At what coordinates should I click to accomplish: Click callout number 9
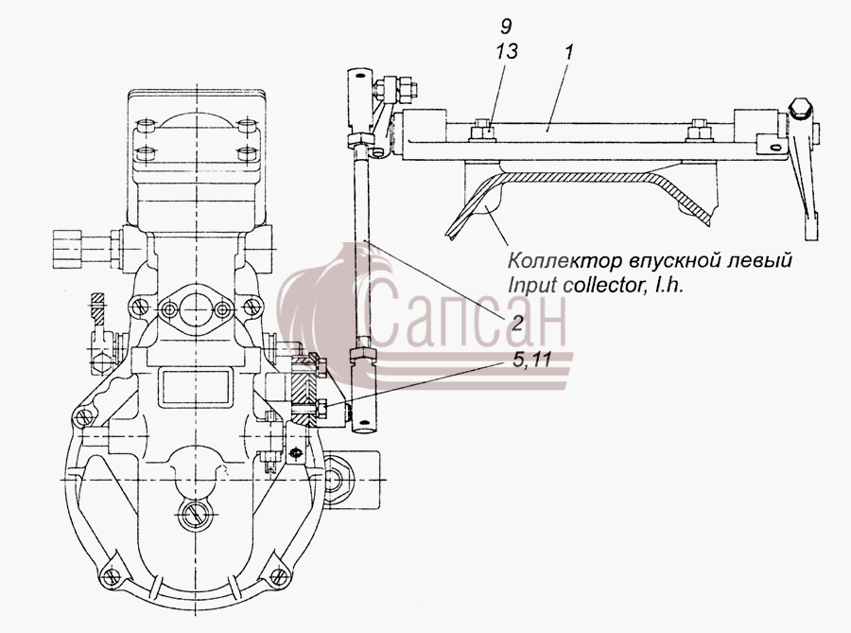[x=506, y=26]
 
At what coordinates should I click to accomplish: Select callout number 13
[x=507, y=51]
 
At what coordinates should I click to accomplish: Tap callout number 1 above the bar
[x=569, y=53]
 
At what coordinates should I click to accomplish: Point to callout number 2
[x=516, y=324]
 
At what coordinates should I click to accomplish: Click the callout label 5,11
[x=531, y=359]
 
